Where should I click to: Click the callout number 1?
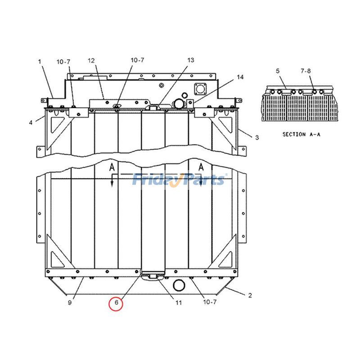tap(39, 61)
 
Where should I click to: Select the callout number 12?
tap(91, 60)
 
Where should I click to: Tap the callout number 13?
tap(191, 60)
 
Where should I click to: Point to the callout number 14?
tap(240, 77)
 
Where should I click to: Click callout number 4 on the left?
tap(31, 122)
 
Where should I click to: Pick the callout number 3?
tap(256, 138)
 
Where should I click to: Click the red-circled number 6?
tap(116, 303)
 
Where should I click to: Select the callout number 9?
tap(70, 303)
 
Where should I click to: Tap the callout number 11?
tap(179, 303)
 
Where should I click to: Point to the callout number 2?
tap(250, 296)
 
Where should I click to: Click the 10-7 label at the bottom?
tap(210, 302)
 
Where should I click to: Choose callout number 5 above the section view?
tap(278, 71)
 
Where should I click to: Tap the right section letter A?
tap(201, 167)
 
